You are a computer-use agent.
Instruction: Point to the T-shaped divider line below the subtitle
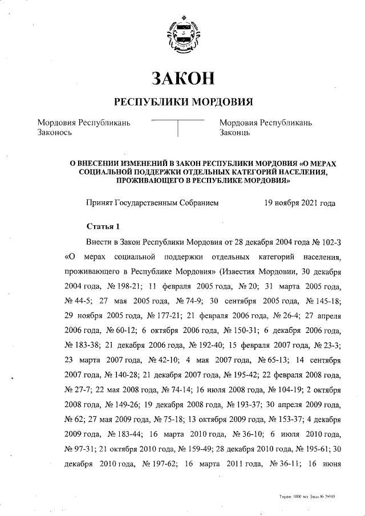pyautogui.click(x=179, y=127)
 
